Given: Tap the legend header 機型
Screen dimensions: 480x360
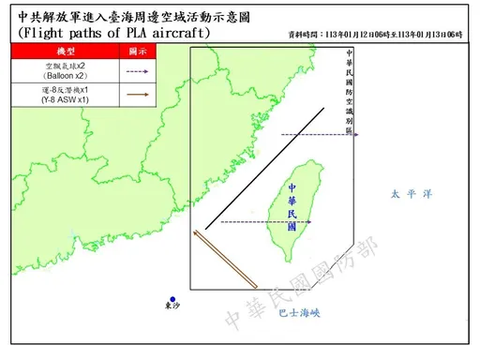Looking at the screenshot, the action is pos(67,49).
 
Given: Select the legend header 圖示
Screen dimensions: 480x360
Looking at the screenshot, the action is pos(139,49).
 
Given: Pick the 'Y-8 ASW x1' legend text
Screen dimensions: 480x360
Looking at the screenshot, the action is pos(67,97).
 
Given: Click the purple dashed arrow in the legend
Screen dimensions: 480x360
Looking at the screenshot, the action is pos(139,69).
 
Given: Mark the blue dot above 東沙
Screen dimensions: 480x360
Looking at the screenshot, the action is pos(172,299).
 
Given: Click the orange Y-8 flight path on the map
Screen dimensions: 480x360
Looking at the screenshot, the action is pos(225,259).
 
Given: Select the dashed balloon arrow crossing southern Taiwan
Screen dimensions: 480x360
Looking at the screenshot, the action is pos(259,222).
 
